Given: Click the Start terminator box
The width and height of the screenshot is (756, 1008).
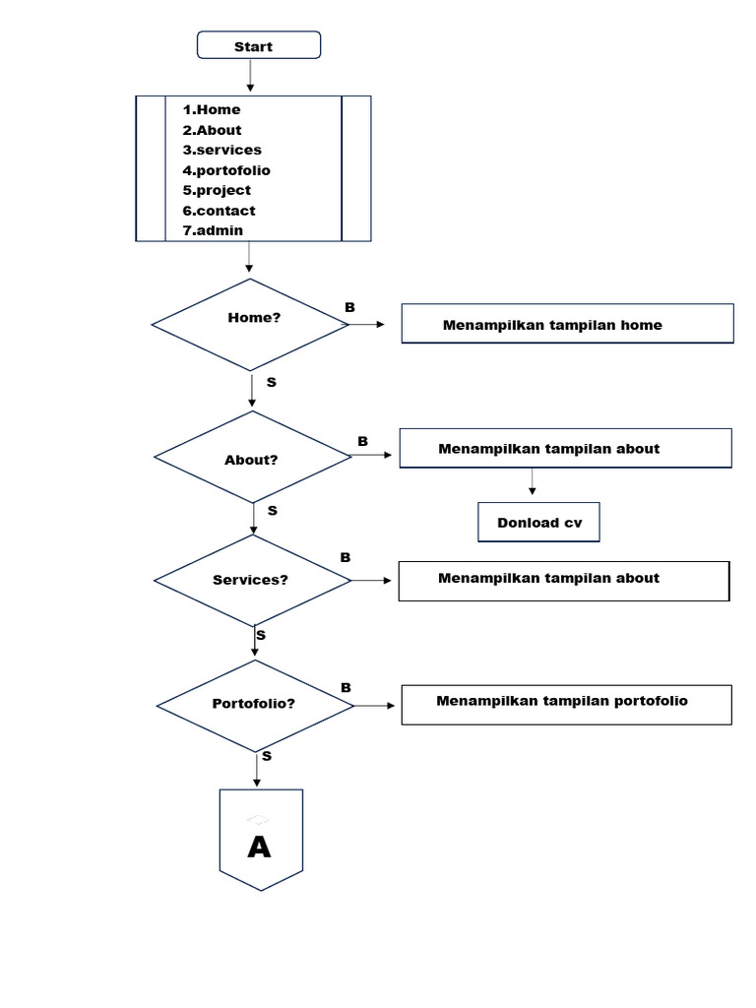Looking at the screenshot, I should point(259,46).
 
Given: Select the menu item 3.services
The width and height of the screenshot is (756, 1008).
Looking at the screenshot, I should point(221,150).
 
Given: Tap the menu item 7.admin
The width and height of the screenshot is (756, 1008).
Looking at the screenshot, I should point(213,230).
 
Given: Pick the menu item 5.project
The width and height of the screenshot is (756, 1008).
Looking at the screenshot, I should point(217,190).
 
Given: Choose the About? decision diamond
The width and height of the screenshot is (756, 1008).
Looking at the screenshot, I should point(252,458).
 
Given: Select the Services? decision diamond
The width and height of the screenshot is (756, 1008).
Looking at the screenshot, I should point(253,580).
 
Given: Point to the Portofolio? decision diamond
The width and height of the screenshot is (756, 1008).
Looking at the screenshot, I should point(255,704).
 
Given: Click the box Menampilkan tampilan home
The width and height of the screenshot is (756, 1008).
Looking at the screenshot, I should point(567,324).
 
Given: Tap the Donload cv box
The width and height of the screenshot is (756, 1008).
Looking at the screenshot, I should point(538,523).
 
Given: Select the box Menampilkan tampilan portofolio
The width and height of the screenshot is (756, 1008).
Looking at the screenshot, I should point(566,704).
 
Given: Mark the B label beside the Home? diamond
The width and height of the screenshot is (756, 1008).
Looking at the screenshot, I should point(349,308).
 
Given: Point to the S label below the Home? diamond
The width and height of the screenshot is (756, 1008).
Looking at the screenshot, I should point(271,382).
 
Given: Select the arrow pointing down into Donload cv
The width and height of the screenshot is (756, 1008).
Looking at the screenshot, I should point(533,482).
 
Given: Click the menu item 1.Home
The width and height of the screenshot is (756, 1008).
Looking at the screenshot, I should point(212,109).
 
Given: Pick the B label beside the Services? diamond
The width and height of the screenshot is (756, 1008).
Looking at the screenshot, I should point(346,557).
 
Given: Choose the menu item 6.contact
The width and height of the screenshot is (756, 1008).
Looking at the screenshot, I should point(219,211).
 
